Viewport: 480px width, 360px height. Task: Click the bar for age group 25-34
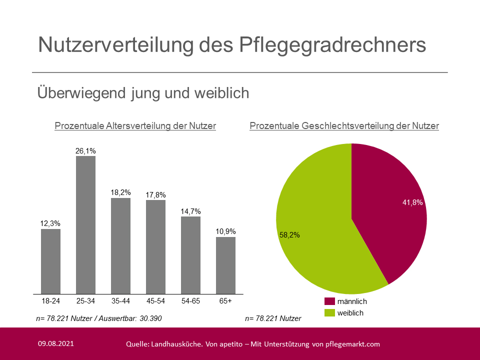point(85,225)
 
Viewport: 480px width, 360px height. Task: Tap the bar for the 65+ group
point(225,265)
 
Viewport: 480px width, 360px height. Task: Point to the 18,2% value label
point(120,191)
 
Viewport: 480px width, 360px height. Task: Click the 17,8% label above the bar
point(155,194)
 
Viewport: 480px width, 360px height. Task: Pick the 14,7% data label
point(190,210)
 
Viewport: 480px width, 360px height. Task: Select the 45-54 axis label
point(155,301)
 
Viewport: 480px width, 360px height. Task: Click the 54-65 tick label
point(190,301)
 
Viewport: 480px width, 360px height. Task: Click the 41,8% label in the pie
point(412,202)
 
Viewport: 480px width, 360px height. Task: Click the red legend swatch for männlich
point(329,301)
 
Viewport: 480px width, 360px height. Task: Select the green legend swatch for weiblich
point(329,313)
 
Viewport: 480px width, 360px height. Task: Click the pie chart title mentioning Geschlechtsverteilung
point(344,126)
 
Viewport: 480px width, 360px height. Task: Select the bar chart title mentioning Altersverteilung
point(135,126)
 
